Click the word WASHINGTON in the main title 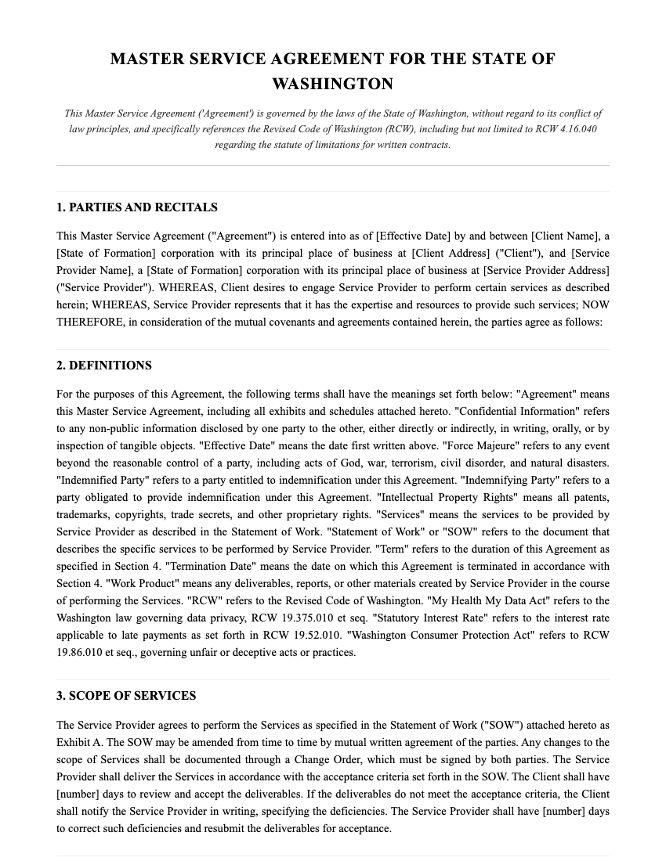[332, 84]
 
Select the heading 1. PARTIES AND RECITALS [137, 207]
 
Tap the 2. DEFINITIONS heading [104, 366]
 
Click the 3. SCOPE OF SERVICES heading [126, 696]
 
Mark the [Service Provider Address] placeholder [546, 271]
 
